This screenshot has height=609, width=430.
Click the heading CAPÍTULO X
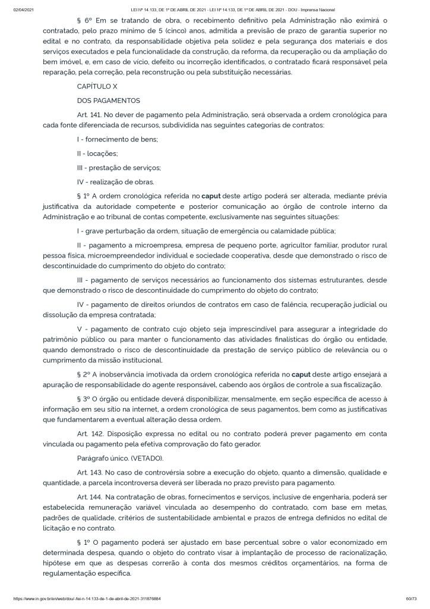(x=97, y=86)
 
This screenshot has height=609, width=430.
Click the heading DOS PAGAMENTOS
(x=108, y=101)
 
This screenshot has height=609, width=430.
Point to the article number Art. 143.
(x=90, y=472)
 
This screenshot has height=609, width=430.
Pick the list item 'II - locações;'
(x=97, y=153)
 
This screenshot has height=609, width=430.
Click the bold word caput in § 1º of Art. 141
(x=211, y=196)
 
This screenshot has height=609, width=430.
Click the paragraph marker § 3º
(x=86, y=398)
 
